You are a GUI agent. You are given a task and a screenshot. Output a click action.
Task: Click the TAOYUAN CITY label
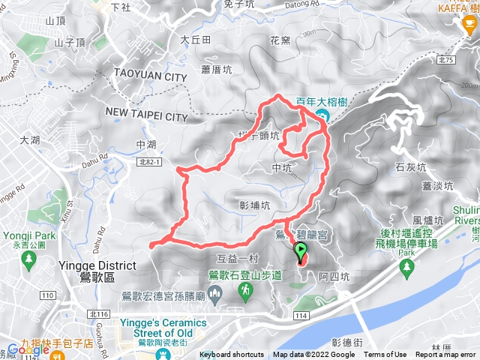coord(150,76)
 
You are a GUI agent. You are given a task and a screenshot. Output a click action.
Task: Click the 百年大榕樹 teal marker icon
coord(322,115)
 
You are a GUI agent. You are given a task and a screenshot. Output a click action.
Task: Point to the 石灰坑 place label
coord(410,166)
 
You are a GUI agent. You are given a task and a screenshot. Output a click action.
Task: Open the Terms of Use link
coord(385,355)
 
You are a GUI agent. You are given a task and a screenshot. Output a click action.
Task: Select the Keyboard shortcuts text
coord(232,355)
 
